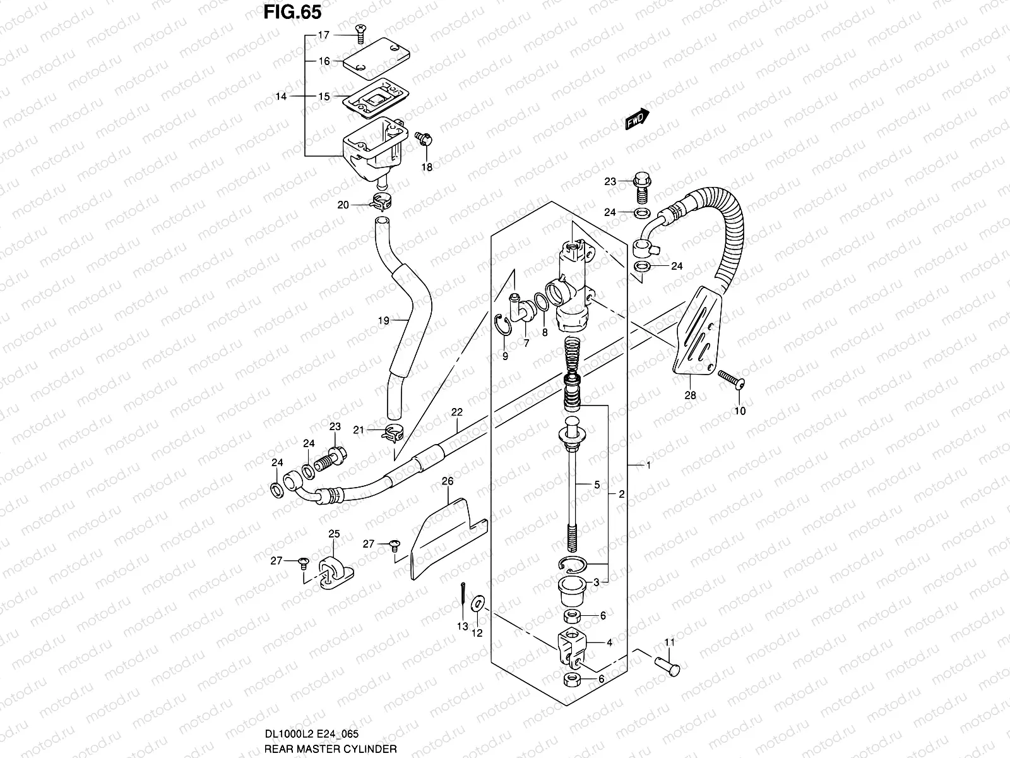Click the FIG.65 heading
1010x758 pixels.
point(292,12)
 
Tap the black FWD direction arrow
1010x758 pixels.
point(638,119)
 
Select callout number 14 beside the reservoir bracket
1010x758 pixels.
point(281,96)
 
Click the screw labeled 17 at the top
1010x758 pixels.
point(360,34)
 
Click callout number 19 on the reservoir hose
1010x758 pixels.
point(383,320)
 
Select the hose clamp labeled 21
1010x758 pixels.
point(393,433)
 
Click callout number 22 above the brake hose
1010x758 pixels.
point(456,412)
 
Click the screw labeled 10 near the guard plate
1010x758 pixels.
point(731,380)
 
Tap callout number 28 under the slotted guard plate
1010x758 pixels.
point(690,395)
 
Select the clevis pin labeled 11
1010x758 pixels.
point(667,666)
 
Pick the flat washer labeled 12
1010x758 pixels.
point(478,603)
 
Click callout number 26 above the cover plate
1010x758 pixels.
point(448,481)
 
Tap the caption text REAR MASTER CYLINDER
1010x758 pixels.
point(330,749)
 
